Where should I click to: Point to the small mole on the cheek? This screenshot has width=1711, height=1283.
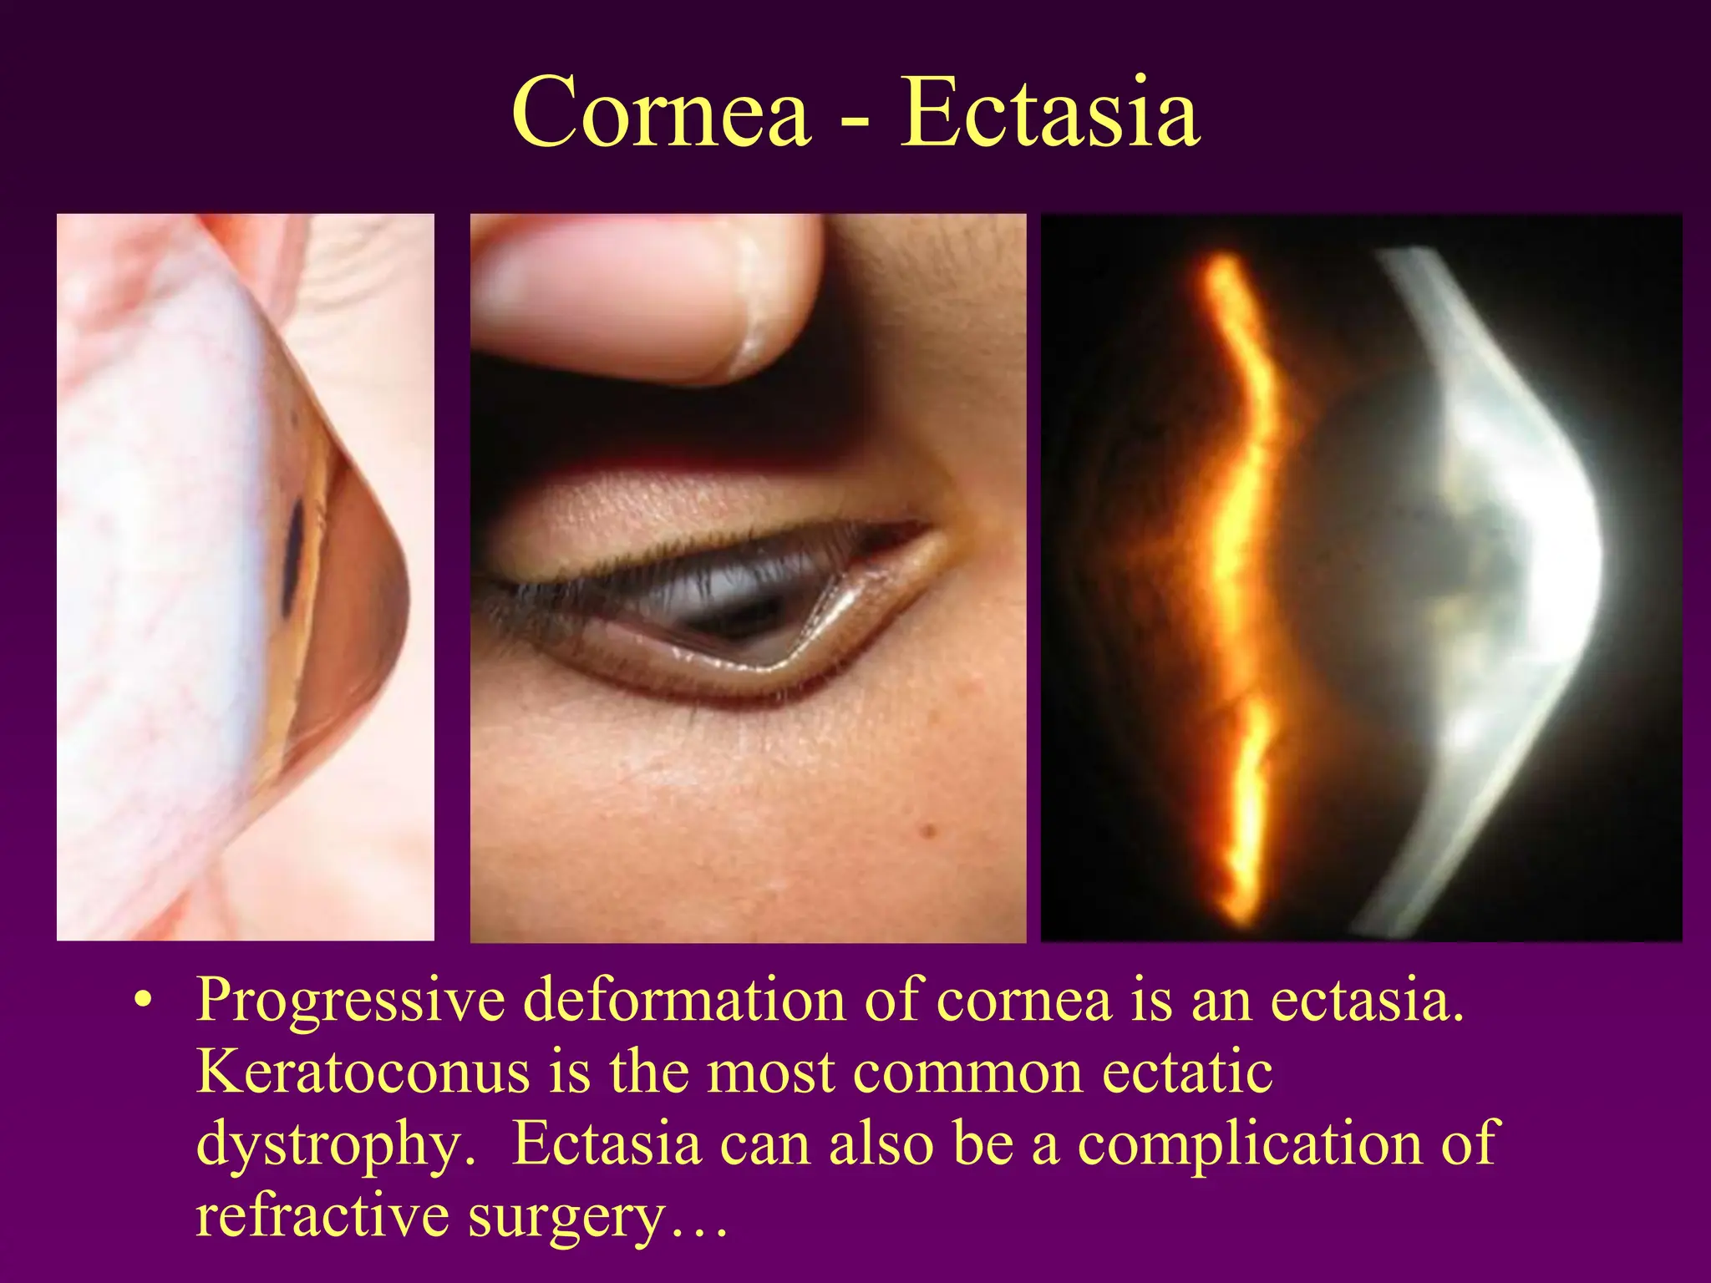click(927, 830)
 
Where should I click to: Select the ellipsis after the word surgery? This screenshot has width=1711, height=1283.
click(698, 1228)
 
